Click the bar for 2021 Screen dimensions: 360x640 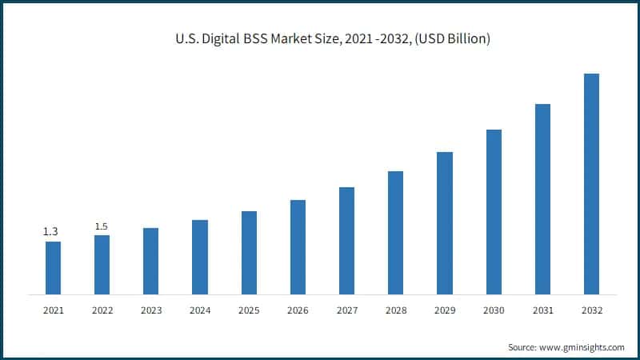tap(53, 267)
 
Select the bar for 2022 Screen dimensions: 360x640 tap(102, 264)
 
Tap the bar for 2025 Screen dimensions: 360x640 tap(249, 252)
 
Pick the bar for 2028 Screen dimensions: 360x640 tap(396, 232)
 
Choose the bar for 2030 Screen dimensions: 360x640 tap(494, 211)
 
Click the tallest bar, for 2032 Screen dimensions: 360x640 tap(591, 183)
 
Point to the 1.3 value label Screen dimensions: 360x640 tap(50, 232)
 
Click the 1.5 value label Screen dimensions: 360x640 tap(102, 226)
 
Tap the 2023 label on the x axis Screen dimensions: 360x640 tap(150, 310)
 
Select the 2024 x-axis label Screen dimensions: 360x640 tap(200, 310)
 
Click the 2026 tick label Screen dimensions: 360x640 tap(298, 310)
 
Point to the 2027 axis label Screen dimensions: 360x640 tap(346, 310)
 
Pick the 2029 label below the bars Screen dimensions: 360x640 tap(445, 310)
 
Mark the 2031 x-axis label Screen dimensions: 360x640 tap(542, 310)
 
